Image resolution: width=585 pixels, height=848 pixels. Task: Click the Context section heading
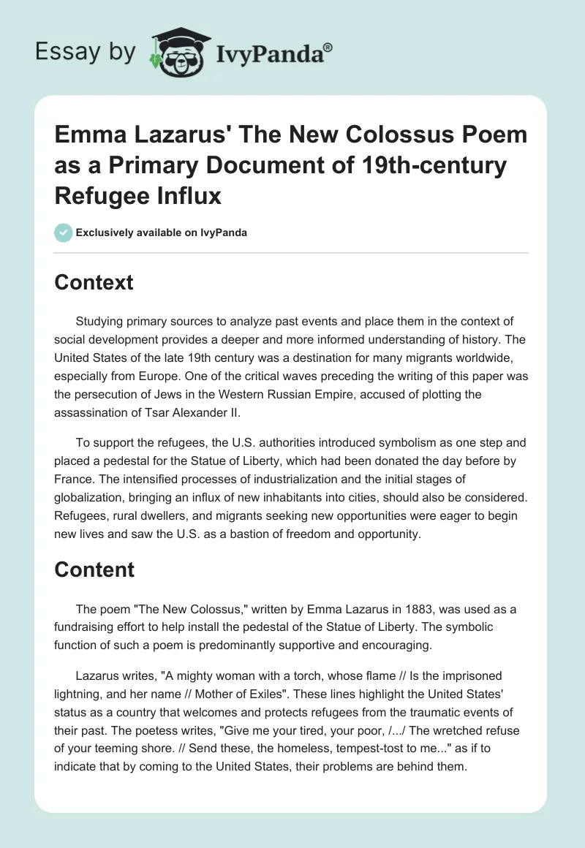click(94, 282)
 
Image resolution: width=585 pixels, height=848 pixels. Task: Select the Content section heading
click(94, 569)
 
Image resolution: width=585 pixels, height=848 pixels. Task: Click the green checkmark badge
click(63, 232)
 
